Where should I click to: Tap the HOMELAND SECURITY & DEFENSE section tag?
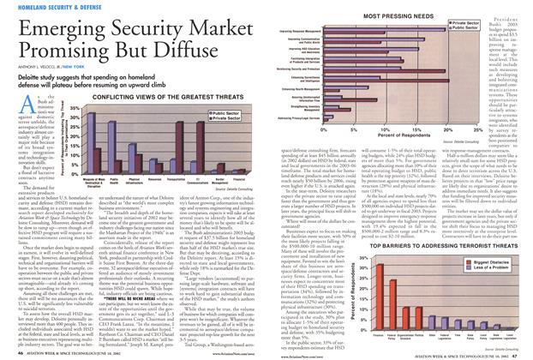coord(64,7)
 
